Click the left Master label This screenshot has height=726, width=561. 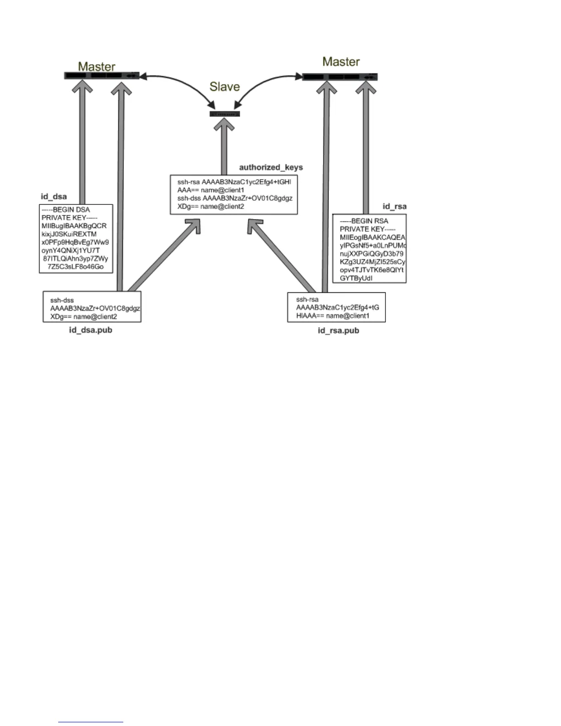96,66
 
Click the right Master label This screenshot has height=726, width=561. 341,62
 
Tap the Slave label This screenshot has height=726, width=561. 225,87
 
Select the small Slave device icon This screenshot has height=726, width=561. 225,114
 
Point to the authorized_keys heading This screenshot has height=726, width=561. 271,167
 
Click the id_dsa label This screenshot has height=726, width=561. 54,197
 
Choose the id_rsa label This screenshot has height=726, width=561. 394,206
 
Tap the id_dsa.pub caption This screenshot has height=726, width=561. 90,330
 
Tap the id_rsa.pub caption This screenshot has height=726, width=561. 338,330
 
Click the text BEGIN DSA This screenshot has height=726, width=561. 71,209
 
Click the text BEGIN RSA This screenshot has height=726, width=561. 369,221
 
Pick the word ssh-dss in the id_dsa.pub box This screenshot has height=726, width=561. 62,300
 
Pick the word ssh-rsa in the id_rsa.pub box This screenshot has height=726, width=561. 307,300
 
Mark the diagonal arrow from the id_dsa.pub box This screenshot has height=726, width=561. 165,254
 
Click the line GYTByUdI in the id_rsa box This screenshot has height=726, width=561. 356,278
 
